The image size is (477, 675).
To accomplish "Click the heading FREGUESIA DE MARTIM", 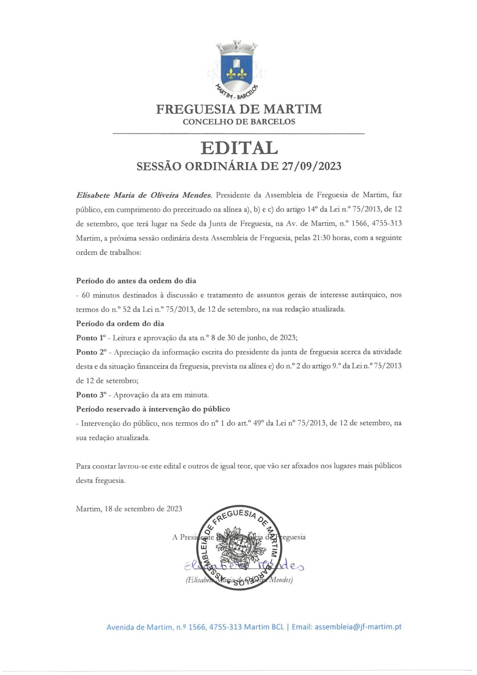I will [239, 109].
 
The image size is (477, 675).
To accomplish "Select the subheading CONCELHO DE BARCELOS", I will [239, 122].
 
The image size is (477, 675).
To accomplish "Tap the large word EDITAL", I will [239, 148].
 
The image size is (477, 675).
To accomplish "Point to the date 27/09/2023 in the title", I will [311, 166].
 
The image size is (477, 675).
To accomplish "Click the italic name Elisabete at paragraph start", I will [92, 195].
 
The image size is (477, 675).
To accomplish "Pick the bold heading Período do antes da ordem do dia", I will [136, 281].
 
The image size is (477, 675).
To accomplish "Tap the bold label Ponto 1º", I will [90, 338].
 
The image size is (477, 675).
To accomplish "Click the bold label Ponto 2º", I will [91, 352].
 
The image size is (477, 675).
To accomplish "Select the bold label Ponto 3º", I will [91, 395].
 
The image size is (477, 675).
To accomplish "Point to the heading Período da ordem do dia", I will [120, 324].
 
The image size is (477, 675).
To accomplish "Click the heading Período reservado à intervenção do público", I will [153, 409].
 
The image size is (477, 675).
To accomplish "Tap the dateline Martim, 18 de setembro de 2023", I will [129, 509].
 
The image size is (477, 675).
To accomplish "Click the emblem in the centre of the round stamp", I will [239, 548].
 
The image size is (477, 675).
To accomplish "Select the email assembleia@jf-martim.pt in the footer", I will [358, 627].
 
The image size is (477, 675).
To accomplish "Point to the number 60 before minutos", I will [86, 295].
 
